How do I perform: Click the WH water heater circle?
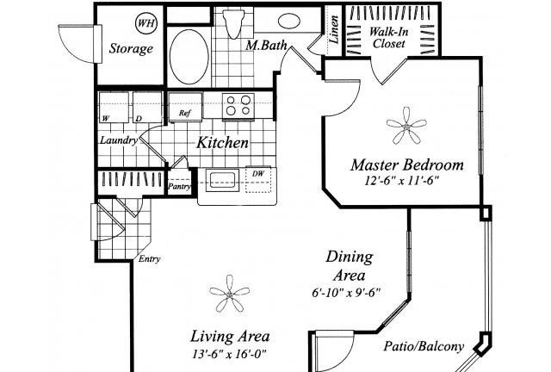click(145, 23)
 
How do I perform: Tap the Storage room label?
click(131, 48)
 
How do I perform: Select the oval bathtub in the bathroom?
click(189, 57)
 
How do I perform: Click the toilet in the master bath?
click(233, 23)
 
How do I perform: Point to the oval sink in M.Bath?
click(289, 21)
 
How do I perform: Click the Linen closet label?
click(334, 29)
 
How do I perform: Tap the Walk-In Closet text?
click(388, 38)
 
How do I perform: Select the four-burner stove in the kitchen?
click(238, 106)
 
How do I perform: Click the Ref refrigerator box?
click(185, 107)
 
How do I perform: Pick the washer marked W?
click(114, 107)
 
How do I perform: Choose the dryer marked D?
click(147, 107)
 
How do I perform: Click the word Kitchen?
click(222, 143)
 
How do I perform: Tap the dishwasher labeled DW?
click(258, 180)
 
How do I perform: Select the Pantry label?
click(179, 186)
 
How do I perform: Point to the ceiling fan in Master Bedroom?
click(406, 127)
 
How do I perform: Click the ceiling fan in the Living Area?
click(230, 294)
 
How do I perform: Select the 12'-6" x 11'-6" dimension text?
click(402, 181)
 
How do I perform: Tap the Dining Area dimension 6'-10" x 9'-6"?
click(346, 292)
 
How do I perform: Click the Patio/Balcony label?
click(424, 346)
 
